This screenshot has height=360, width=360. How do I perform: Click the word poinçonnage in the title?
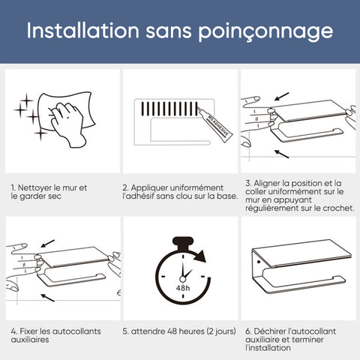point(265,31)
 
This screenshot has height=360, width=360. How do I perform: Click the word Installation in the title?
point(82,31)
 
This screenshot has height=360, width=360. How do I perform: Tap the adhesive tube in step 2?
point(214,124)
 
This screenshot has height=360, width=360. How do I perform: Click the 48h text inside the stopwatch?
point(183,288)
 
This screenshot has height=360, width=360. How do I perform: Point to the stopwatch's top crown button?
point(183,243)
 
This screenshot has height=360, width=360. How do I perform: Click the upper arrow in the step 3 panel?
point(281,97)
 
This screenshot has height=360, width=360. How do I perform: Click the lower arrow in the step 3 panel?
point(281,154)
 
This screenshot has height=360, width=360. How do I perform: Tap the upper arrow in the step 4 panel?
point(48,244)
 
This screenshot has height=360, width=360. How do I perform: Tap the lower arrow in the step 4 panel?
point(48,298)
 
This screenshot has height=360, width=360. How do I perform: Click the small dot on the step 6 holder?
point(259,262)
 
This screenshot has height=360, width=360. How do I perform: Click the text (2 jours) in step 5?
point(221,331)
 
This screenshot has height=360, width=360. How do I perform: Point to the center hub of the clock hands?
point(183,279)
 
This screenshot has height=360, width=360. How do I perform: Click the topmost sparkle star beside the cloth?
point(26,100)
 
